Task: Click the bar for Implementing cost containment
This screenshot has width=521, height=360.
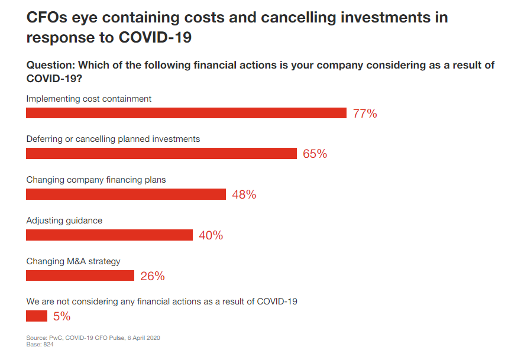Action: coord(186,113)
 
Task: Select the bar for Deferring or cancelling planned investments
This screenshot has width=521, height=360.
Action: coord(161,154)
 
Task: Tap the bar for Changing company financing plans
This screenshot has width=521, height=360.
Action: coord(126,194)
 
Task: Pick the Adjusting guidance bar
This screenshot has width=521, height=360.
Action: coord(109,235)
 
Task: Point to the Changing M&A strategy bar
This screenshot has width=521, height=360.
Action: coord(80,276)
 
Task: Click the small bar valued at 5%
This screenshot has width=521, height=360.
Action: coord(37,316)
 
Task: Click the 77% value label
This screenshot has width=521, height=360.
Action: coord(365,114)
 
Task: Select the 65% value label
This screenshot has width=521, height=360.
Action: coord(315,154)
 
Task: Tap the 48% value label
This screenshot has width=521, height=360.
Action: coord(244,195)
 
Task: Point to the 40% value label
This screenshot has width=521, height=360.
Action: coord(211,236)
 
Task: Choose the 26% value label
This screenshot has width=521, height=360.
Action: coord(153,277)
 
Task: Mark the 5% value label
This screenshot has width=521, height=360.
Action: coord(62,317)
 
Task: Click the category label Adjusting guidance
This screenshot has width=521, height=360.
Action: coord(64,220)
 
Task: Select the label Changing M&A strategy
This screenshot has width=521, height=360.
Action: coord(73,261)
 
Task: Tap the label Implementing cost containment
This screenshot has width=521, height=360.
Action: coord(89,99)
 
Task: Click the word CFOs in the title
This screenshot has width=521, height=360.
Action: coord(48,17)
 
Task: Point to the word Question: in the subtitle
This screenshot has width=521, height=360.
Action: coord(50,65)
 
